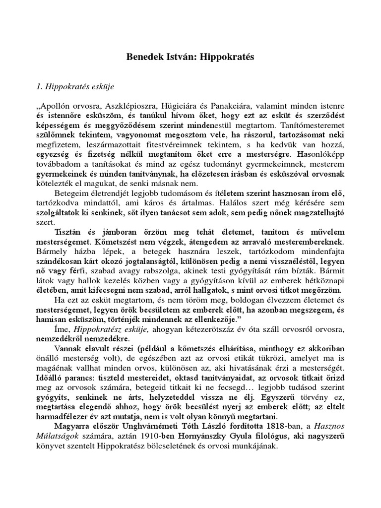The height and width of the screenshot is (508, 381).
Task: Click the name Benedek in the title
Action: pos(144,57)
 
